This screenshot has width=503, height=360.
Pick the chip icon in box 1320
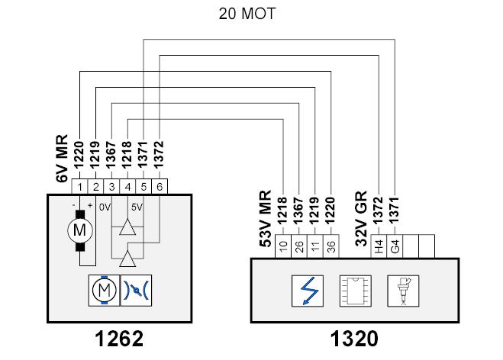[x=354, y=291]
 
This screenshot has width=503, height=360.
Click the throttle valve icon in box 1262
[x=137, y=290]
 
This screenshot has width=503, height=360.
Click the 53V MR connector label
[x=266, y=218]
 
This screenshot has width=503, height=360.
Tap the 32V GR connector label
[x=362, y=218]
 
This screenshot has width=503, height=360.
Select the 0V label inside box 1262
[x=105, y=206]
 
